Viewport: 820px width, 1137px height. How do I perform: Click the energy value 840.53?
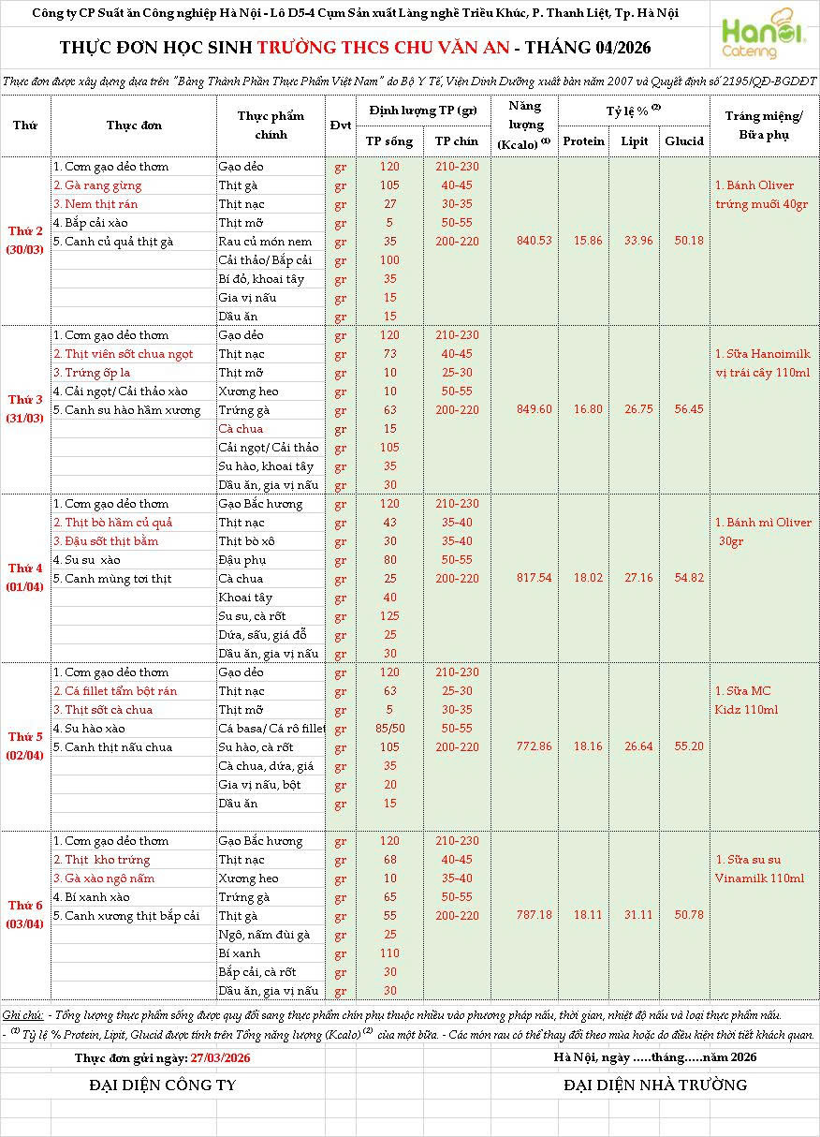[x=534, y=241]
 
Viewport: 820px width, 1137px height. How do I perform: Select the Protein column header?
[x=584, y=141]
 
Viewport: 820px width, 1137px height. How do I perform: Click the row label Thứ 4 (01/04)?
[x=25, y=578]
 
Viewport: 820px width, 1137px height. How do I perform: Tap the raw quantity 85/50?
[x=389, y=729]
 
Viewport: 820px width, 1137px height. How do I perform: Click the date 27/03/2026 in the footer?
[x=220, y=1058]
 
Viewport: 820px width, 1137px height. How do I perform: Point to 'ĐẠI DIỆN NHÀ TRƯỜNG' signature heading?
[x=655, y=1085]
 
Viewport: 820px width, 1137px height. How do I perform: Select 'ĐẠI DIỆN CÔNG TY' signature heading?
[x=163, y=1085]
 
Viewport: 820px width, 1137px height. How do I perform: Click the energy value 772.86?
[x=534, y=746]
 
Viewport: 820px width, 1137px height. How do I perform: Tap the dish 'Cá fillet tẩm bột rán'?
[x=115, y=691]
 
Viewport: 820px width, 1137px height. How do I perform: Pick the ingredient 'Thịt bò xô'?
[x=247, y=541]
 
